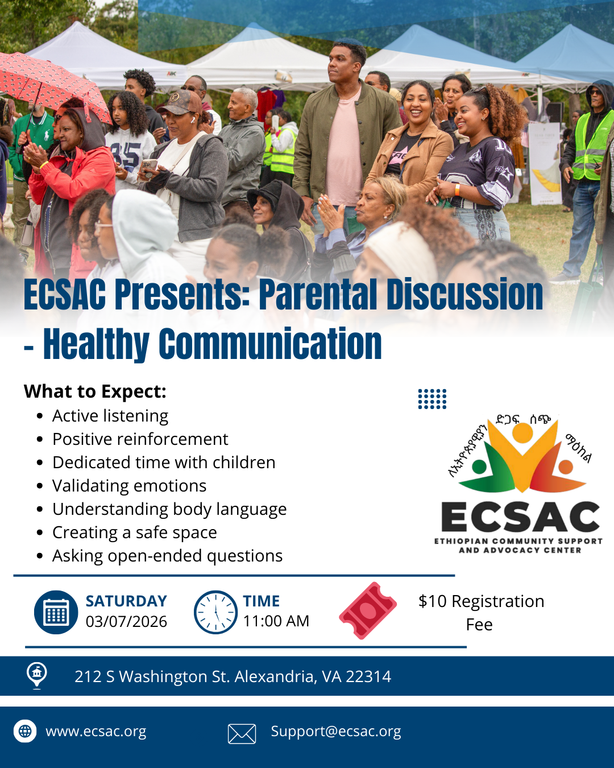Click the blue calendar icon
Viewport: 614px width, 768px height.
tap(56, 613)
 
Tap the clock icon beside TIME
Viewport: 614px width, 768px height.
tap(215, 613)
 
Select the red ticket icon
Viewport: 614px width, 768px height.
tap(368, 610)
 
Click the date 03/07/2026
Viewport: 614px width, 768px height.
tap(126, 622)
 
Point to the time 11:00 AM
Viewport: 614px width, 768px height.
tap(276, 621)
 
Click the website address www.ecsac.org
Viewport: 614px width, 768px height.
tap(96, 731)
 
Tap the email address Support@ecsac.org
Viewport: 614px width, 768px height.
tap(336, 731)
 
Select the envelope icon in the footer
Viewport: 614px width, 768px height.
tap(242, 734)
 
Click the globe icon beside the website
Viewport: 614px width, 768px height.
tap(25, 731)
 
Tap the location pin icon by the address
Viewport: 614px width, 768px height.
tap(37, 675)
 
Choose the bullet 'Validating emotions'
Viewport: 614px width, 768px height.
tap(129, 486)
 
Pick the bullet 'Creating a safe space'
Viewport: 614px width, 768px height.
tap(135, 532)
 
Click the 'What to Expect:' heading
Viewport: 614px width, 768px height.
tap(95, 391)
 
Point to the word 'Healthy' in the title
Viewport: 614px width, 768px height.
tap(96, 344)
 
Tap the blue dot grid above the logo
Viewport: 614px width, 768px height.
tap(432, 399)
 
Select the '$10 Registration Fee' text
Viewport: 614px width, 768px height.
tap(481, 613)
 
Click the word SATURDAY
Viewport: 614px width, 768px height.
tap(126, 601)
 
